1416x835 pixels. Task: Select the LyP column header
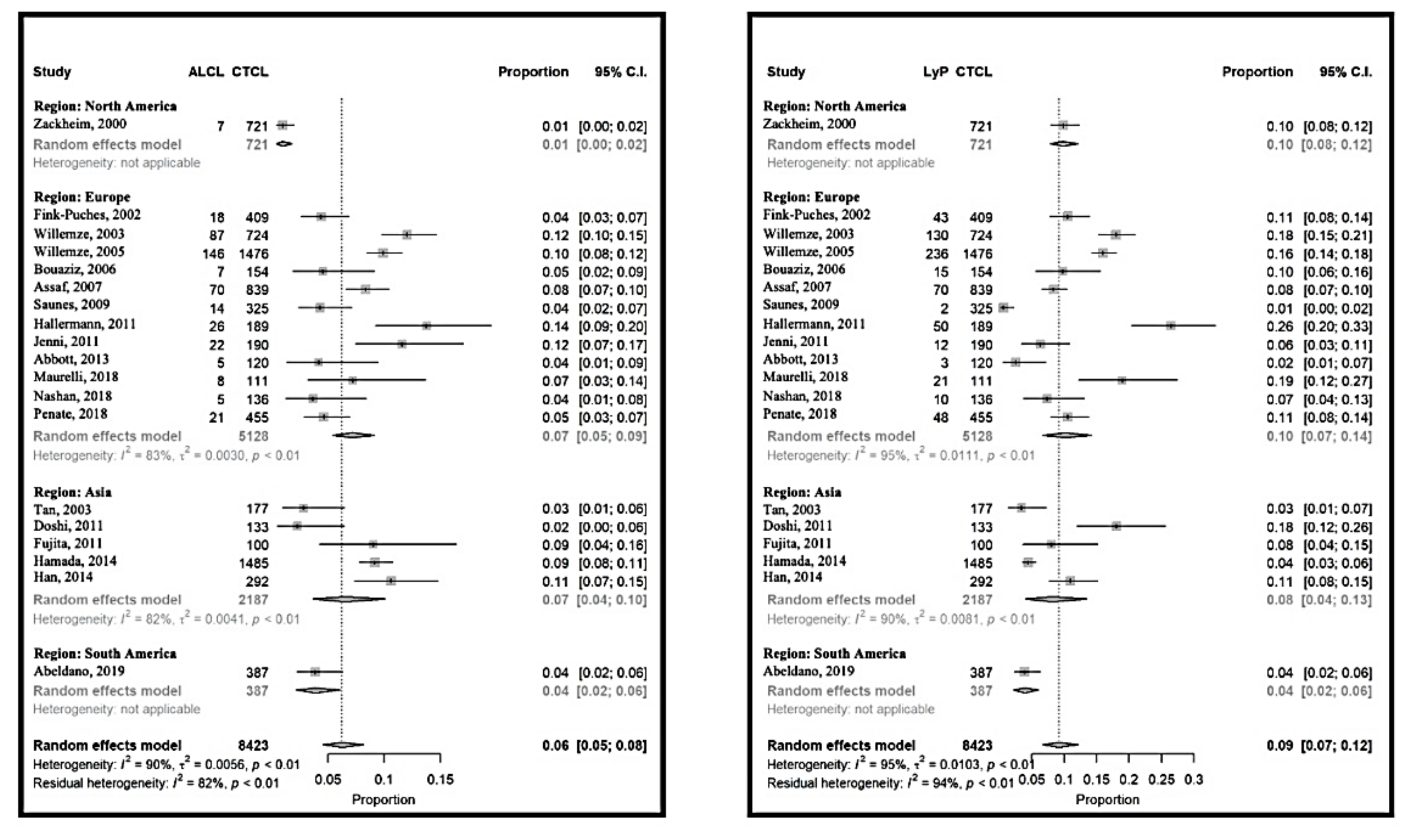935,72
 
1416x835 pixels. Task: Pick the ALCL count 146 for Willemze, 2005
213,254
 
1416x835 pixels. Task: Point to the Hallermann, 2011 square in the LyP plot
1170,325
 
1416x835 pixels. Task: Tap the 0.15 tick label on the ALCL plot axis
440,780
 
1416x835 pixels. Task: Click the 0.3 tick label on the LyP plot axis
1193,780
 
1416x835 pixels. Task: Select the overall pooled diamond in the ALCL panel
342,744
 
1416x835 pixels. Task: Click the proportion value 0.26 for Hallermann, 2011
1280,327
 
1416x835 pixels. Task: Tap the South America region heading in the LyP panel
834,653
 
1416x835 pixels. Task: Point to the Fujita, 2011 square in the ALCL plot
373,544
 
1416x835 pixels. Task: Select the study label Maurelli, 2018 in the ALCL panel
75,377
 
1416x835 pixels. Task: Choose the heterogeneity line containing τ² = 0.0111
900,455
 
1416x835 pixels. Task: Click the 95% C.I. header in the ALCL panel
621,72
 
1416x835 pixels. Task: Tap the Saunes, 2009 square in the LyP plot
1004,307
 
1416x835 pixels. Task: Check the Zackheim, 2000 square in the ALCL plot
282,125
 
